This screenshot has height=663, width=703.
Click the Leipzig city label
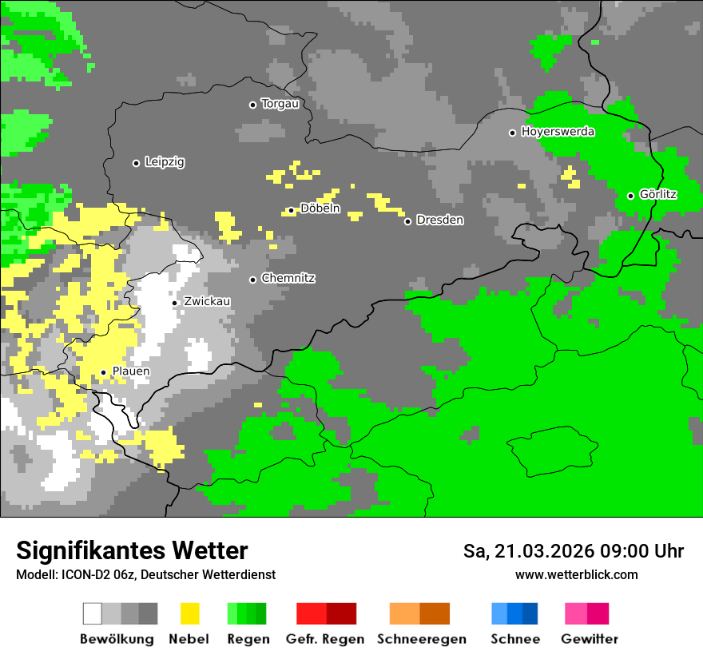165,162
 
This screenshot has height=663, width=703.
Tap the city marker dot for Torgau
252,105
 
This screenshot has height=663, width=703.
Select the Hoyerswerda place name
558,132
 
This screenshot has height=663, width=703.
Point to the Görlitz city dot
630,196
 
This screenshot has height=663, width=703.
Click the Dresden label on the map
439,220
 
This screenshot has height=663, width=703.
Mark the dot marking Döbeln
291,211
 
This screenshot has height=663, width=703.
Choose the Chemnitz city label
288,279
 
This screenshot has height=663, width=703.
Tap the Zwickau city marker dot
175,303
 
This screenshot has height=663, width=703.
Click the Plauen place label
130,371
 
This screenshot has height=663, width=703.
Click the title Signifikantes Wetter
132,551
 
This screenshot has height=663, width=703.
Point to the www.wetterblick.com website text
576,575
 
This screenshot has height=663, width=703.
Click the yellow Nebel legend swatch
189,613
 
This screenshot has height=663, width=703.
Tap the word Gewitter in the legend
589,639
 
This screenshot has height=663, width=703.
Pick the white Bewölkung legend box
93,613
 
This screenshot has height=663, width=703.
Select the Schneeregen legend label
421,639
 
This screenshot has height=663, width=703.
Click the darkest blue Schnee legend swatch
530,613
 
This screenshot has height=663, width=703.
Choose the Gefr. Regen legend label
325,639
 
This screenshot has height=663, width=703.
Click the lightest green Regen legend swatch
232,613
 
